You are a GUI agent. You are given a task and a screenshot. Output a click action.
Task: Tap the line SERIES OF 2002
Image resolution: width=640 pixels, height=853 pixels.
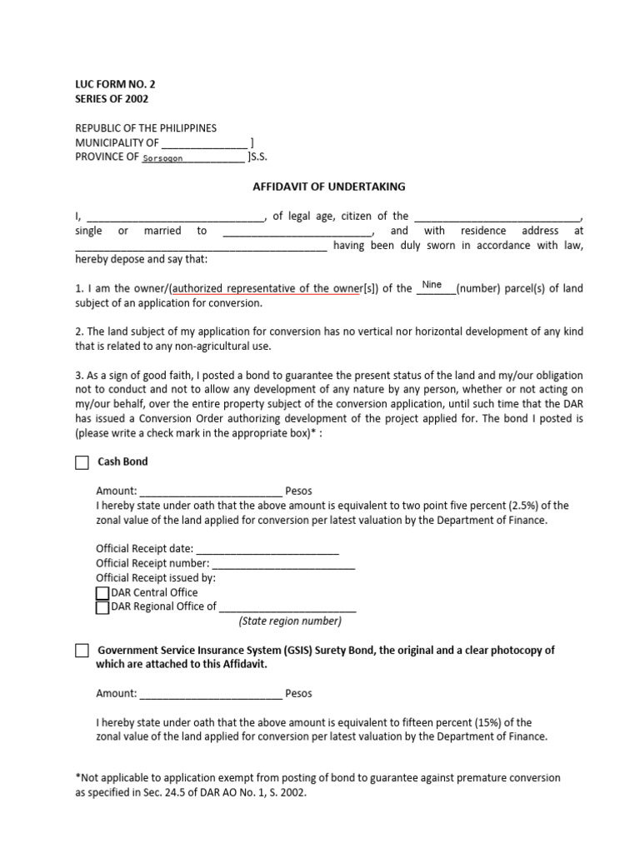coord(112,99)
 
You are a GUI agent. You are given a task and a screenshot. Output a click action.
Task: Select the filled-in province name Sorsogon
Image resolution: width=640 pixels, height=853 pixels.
coord(162,157)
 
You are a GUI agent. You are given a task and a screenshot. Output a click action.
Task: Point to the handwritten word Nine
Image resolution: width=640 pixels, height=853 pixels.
coord(432,285)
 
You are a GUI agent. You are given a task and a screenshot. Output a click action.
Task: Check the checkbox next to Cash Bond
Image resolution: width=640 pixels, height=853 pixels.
coord(82,462)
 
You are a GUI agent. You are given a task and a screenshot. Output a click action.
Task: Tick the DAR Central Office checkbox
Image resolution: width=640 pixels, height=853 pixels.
coord(102,593)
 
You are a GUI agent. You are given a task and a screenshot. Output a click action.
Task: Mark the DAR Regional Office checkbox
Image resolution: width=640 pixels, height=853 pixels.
coord(102,607)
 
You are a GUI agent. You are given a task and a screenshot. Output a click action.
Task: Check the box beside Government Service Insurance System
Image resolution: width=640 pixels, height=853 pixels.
coord(82,651)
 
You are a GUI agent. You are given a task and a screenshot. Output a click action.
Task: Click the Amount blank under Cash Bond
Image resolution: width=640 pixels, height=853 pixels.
coord(211,491)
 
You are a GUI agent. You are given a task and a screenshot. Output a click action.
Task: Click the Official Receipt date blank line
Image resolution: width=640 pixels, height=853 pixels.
coord(267,550)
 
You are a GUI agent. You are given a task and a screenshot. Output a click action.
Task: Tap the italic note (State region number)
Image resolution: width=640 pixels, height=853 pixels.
coord(289,621)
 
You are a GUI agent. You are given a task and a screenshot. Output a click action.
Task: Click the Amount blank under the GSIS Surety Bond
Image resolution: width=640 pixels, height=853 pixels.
coord(211,693)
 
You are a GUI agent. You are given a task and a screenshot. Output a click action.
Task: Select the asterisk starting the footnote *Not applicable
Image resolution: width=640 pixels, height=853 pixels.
coord(77,777)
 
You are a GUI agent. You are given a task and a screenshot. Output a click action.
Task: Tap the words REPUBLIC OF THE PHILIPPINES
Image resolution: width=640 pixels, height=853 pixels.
coord(146,128)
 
